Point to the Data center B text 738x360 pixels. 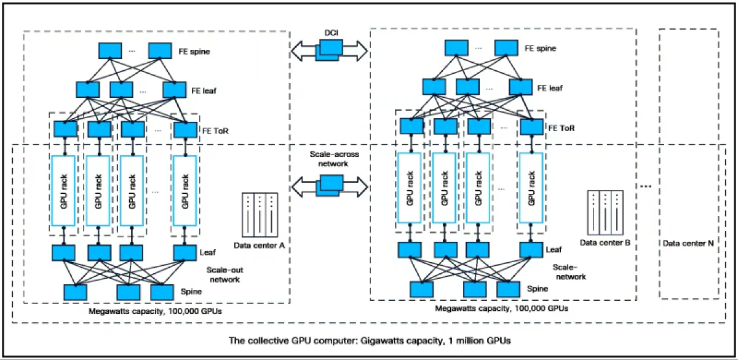(x=605, y=242)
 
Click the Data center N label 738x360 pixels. (x=688, y=243)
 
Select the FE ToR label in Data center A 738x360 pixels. (x=215, y=130)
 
